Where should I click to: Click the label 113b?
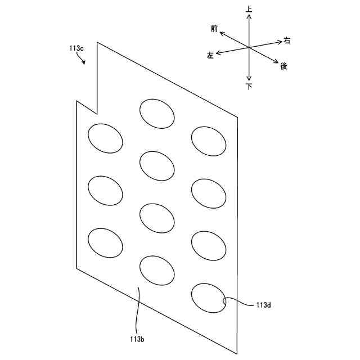pos(137,339)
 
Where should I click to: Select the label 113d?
pos(263,304)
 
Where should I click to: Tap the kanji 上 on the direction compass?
pos(249,9)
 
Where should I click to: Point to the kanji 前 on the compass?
pos(214,28)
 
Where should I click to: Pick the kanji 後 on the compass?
pos(283,66)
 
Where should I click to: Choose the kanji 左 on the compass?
pos(210,56)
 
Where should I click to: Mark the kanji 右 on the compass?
pos(287,40)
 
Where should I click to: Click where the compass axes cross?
pos(249,47)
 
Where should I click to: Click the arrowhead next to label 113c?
pos(84,63)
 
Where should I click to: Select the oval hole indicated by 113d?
pos(209,298)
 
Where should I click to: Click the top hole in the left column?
pos(105,138)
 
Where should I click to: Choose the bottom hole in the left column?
pos(105,243)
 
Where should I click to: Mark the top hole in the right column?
pos(209,141)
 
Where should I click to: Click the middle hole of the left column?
pos(105,191)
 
